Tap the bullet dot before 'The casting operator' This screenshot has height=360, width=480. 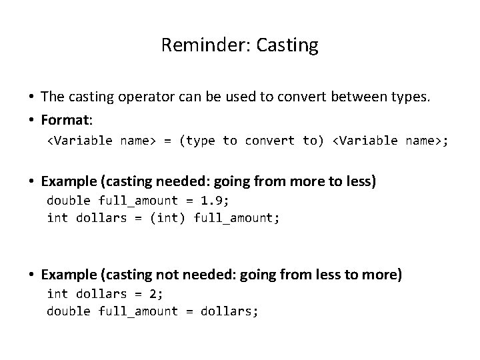click(x=32, y=97)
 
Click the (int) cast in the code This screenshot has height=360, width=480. click(x=163, y=218)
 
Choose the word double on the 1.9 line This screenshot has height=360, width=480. click(x=69, y=201)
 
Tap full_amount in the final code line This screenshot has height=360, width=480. click(x=138, y=311)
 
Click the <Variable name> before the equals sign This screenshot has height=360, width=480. click(x=101, y=141)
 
